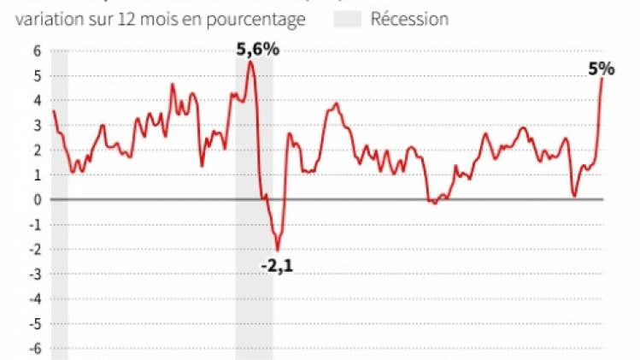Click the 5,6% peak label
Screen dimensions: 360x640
click(257, 50)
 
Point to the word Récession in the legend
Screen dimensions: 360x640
click(409, 19)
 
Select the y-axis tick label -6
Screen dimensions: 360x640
click(35, 349)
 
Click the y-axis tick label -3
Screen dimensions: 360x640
click(35, 274)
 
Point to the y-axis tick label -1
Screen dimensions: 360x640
click(35, 225)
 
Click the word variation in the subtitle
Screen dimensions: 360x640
click(48, 19)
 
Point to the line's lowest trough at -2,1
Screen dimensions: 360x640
click(277, 250)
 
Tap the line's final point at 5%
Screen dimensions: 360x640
click(602, 79)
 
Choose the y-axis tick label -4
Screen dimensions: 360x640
click(35, 299)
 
